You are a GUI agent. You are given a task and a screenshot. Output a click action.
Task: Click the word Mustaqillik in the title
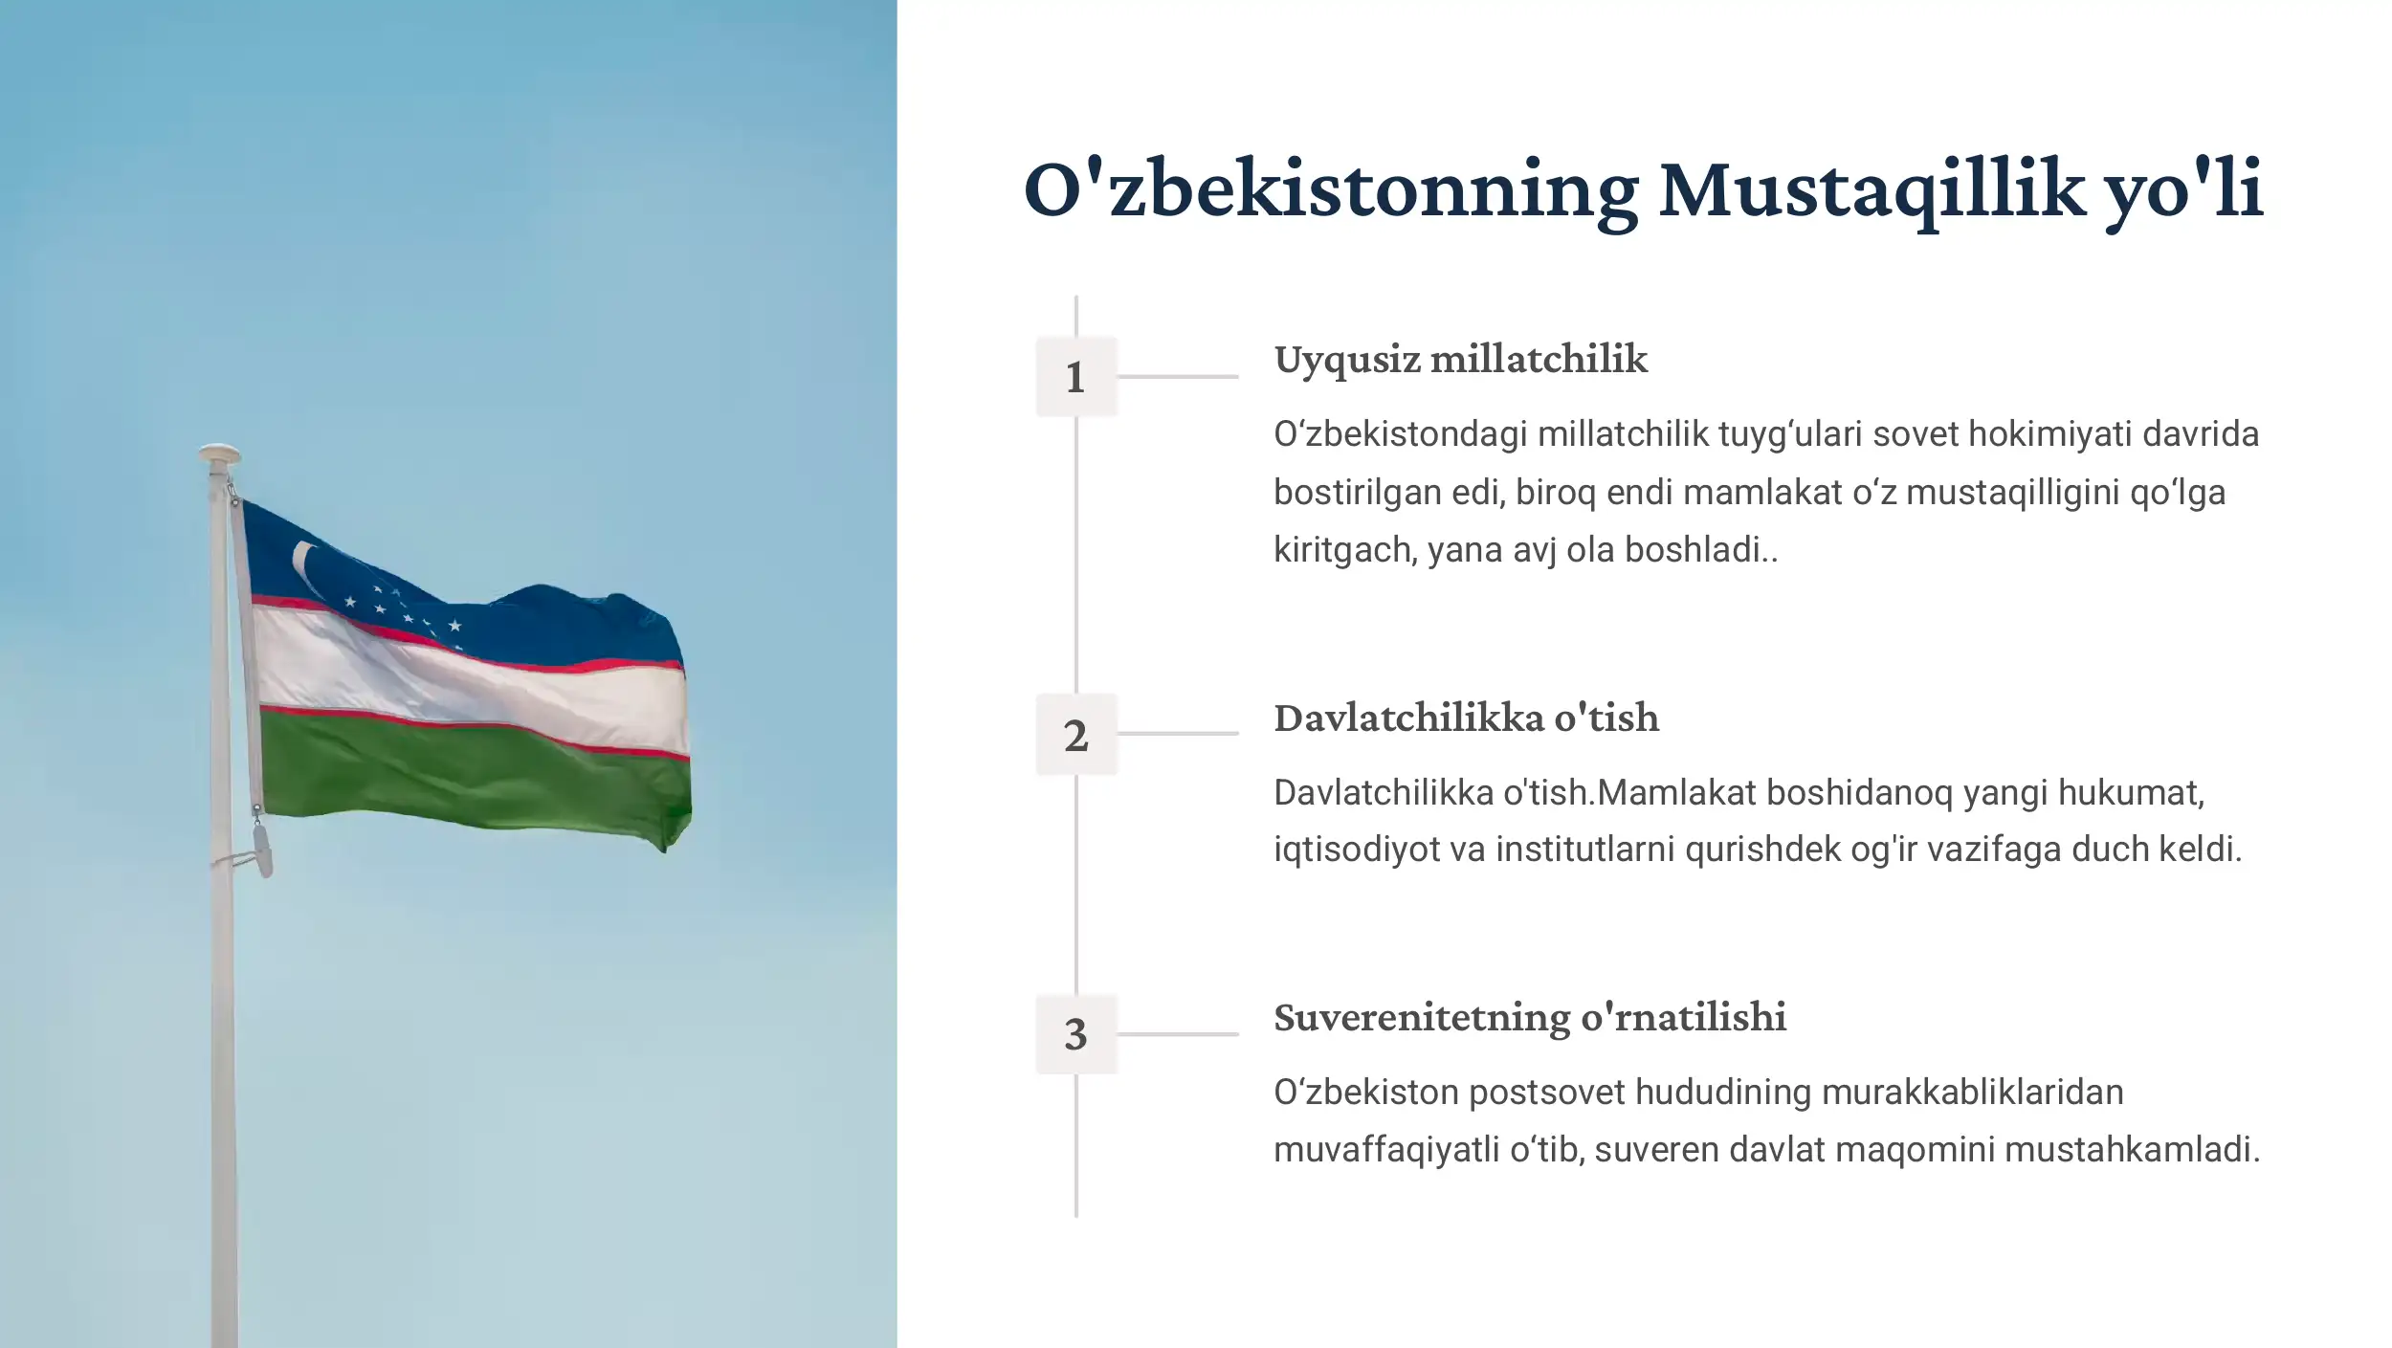point(1871,189)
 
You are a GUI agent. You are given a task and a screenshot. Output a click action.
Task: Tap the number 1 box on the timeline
point(1075,376)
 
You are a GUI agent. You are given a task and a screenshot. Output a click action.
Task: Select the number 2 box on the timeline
point(1075,734)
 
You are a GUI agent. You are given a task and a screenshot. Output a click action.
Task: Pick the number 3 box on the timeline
point(1075,1033)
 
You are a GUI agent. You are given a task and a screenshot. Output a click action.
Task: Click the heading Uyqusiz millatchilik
point(1460,360)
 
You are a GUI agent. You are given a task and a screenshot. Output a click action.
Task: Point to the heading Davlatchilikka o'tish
point(1466,718)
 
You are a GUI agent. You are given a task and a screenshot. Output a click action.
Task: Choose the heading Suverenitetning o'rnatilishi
point(1529,1017)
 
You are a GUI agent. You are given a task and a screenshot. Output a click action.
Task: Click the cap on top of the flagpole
point(219,453)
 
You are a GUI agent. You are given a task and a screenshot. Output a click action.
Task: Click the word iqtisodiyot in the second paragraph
point(1356,850)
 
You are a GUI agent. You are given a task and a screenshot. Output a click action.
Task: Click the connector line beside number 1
point(1177,376)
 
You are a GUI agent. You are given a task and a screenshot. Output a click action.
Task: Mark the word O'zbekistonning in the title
point(1330,189)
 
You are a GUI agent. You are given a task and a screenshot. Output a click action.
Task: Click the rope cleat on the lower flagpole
point(260,851)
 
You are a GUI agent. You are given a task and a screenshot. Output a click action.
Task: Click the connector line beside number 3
point(1177,1033)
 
